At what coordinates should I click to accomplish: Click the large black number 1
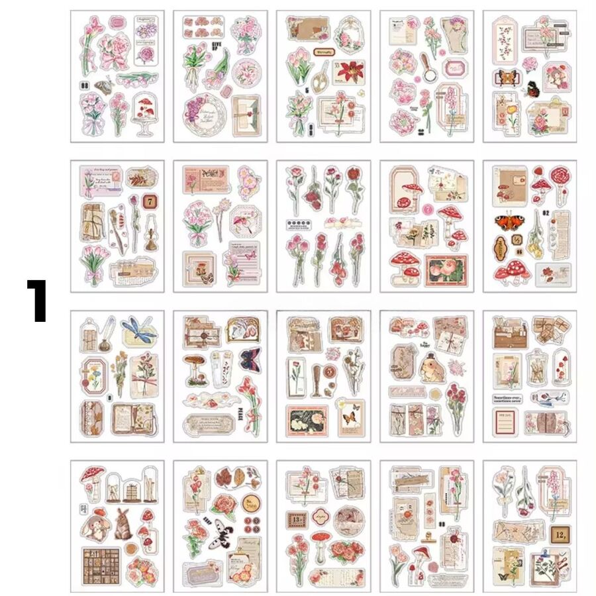[37, 301]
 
